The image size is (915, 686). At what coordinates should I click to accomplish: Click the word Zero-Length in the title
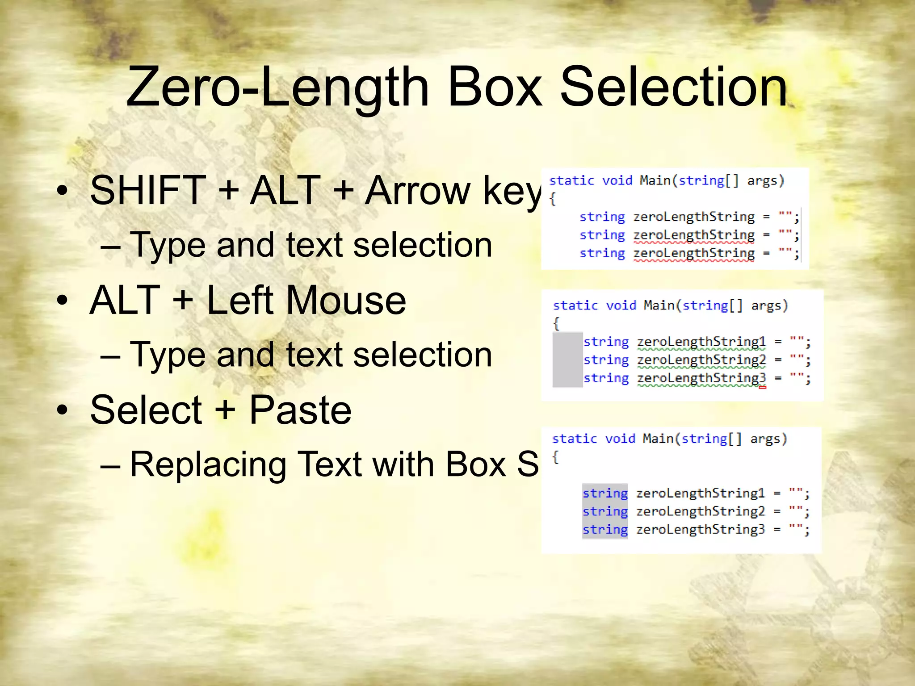[x=277, y=87]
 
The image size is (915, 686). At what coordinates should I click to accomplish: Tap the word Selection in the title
[x=673, y=87]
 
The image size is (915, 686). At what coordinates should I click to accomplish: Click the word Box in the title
[x=495, y=87]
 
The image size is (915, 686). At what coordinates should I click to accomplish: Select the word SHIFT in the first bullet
[x=147, y=191]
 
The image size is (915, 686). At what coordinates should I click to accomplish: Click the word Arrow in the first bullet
[x=418, y=191]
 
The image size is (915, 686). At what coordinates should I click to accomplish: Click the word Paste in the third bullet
[x=300, y=410]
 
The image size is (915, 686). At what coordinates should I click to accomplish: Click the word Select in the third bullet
[x=146, y=410]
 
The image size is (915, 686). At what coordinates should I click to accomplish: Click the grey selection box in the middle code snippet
[x=567, y=360]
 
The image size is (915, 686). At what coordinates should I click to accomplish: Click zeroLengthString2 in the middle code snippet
[x=701, y=360]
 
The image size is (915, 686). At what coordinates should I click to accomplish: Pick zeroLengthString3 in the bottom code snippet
[x=700, y=530]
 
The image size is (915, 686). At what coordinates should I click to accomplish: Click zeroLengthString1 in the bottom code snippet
[x=700, y=493]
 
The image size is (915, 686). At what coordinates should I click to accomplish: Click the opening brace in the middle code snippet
[x=556, y=323]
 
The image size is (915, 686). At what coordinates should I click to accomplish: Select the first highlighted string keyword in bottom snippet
[x=605, y=493]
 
